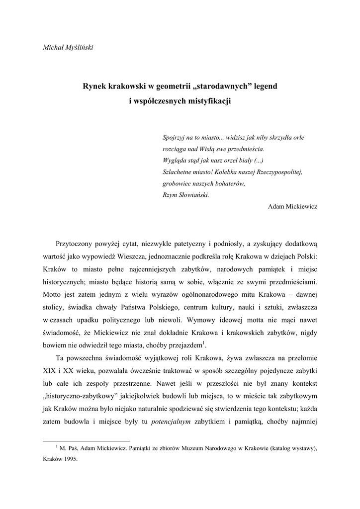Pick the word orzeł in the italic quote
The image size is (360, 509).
[228, 160]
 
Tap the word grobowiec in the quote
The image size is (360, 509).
[177, 183]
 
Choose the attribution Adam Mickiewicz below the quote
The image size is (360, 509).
[292, 206]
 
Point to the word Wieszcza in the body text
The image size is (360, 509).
[155, 256]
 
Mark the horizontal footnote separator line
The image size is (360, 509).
[87, 440]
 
